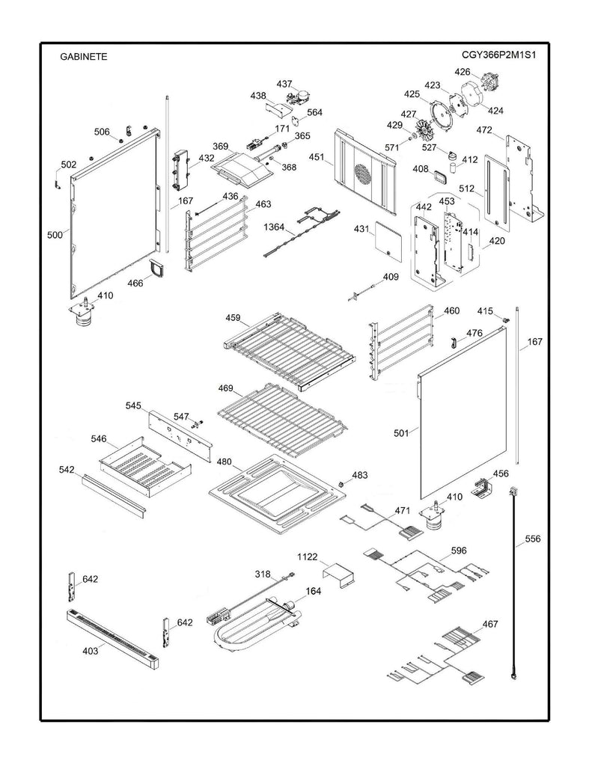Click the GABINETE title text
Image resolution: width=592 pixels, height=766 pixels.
tap(82, 56)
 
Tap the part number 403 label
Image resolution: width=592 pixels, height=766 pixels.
tap(89, 652)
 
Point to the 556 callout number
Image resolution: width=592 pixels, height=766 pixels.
tap(532, 539)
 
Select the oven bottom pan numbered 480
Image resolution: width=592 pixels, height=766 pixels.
tap(278, 494)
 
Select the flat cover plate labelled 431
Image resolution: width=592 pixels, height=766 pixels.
tap(388, 239)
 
